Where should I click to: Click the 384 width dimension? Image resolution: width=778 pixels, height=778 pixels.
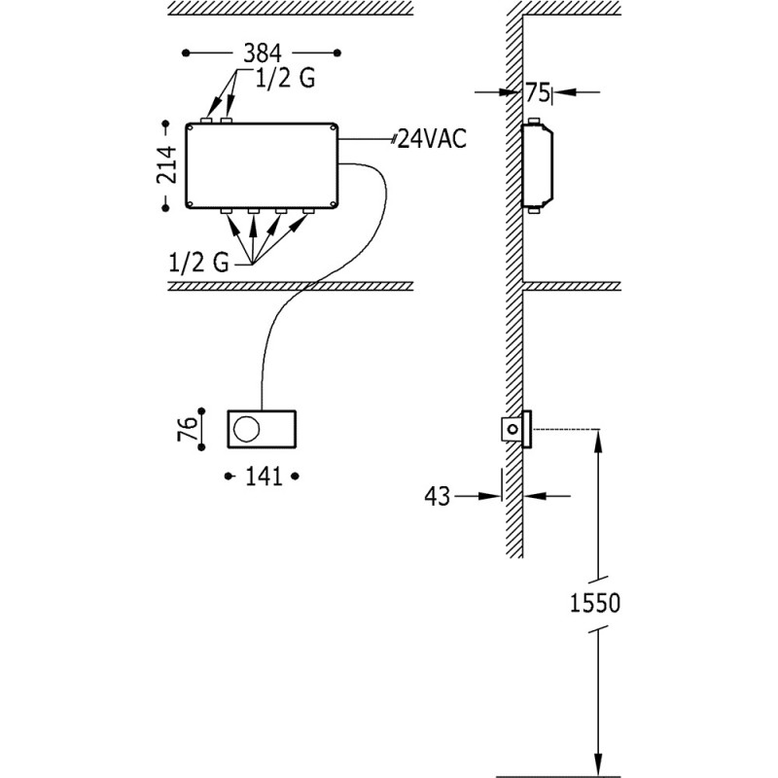point(261,52)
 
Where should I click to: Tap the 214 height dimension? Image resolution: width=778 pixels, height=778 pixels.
point(168,164)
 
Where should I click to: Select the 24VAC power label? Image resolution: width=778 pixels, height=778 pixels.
point(431,138)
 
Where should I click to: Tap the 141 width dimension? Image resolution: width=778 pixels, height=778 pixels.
point(261,476)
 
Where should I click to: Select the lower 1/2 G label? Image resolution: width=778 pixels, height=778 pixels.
point(196,262)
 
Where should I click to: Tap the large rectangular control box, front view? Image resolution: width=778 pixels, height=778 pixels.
point(262,164)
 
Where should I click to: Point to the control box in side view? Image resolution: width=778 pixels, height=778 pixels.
point(538,164)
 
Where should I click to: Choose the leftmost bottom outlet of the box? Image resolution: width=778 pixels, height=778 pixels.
point(225,211)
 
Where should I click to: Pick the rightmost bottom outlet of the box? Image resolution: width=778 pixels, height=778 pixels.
point(308,211)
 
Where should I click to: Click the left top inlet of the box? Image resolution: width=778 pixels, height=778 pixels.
point(206,119)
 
